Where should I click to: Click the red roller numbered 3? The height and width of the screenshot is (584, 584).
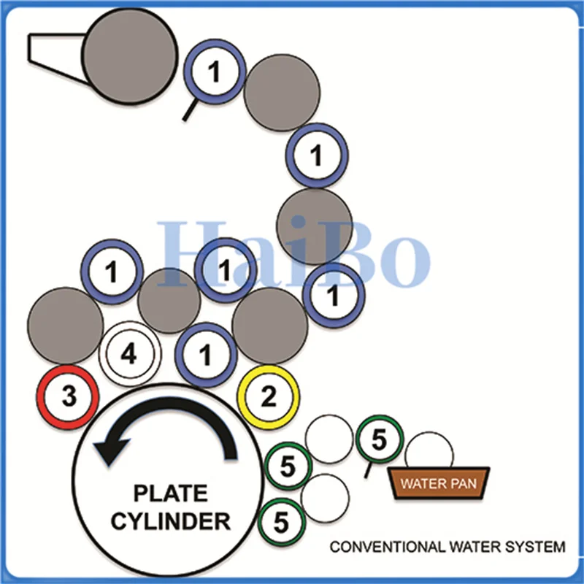point(67,397)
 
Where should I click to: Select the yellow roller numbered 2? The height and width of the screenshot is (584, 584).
point(268,397)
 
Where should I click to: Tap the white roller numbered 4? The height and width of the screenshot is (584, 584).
point(130,353)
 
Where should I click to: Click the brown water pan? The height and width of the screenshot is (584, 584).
point(439,483)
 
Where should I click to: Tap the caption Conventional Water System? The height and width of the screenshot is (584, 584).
point(447,547)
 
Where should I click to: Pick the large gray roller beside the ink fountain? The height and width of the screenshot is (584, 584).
point(129,55)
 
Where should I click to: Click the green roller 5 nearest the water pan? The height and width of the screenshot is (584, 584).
point(379,439)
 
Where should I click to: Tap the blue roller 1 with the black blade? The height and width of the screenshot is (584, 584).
point(215,72)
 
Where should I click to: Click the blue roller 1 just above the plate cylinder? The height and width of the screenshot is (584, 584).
point(206,355)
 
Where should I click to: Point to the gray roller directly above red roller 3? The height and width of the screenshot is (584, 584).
point(66,326)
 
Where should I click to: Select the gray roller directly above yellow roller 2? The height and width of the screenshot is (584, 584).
point(270,326)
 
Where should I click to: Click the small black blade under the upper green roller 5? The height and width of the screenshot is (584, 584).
point(368,470)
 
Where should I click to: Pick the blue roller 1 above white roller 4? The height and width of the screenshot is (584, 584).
point(112,272)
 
